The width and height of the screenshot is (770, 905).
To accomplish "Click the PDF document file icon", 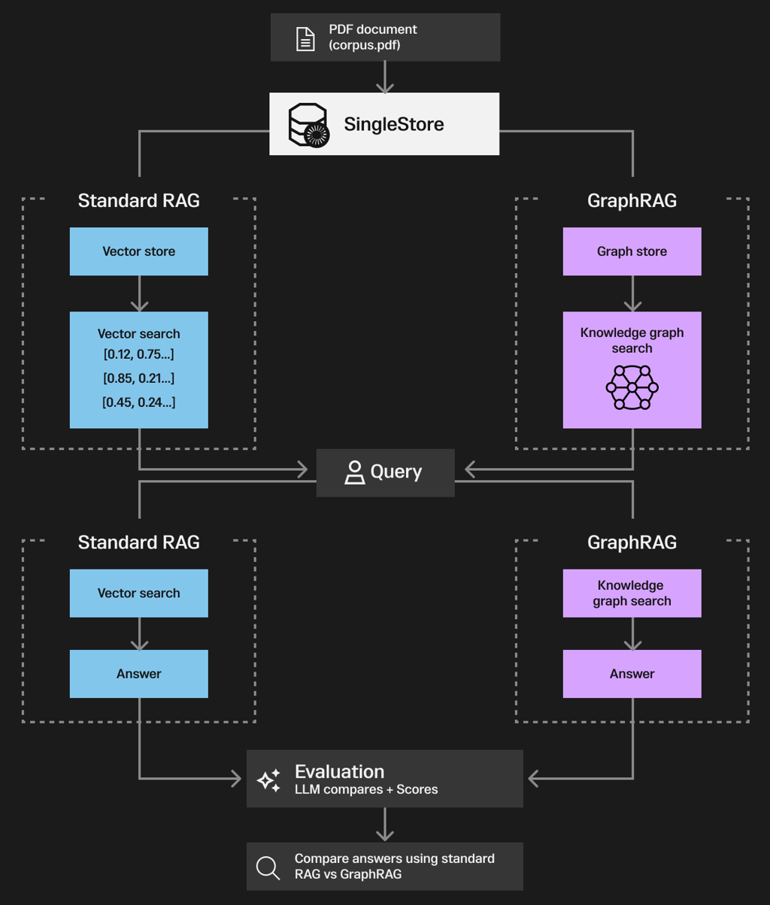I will click(x=305, y=38).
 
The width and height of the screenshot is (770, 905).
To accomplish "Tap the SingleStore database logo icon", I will click(x=308, y=124).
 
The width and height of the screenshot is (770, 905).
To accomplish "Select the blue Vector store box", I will click(x=139, y=251).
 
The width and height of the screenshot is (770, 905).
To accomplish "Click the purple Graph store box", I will click(x=632, y=251).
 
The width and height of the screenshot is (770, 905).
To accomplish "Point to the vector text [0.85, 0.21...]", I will click(x=139, y=378).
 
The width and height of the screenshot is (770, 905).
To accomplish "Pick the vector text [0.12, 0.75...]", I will click(x=139, y=354).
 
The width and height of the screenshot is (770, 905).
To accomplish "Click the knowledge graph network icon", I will click(x=632, y=387).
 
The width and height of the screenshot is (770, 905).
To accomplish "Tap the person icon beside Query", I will click(x=354, y=472).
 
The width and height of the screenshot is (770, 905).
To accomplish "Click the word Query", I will click(x=396, y=472).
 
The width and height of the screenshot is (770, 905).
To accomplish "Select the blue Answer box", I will click(x=139, y=674).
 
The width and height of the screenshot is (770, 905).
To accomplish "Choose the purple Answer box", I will click(x=632, y=674).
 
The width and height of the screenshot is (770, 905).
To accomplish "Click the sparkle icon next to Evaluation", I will click(x=268, y=780).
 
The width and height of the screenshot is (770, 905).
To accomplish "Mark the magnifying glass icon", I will click(x=268, y=867).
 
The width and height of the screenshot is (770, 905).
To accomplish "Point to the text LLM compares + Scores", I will click(x=366, y=790).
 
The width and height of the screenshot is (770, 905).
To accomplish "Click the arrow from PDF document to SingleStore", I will click(x=385, y=77).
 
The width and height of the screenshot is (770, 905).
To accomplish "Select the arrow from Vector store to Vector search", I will click(x=139, y=294).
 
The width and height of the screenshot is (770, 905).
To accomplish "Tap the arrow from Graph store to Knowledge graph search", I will click(x=632, y=294).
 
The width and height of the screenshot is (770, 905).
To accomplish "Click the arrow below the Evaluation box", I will click(x=385, y=825).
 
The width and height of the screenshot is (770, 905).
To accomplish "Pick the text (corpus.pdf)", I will click(x=364, y=45).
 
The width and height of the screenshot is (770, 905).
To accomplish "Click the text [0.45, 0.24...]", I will click(x=139, y=402).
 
